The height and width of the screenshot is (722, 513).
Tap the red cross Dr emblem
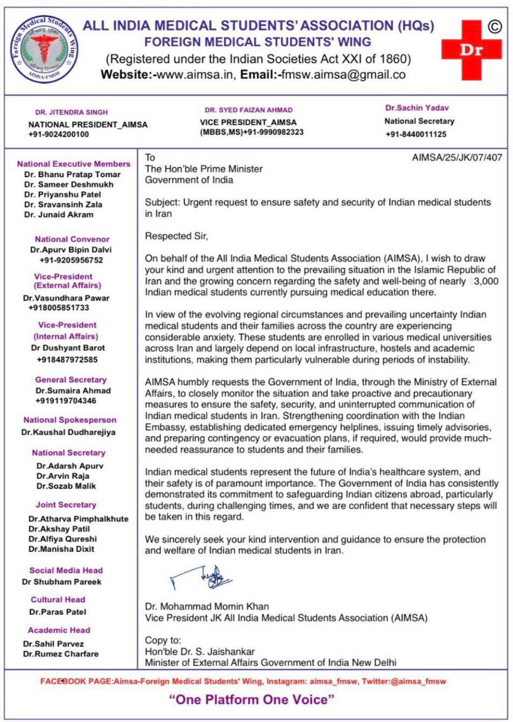pyautogui.click(x=471, y=50)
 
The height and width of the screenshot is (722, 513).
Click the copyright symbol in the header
pyautogui.click(x=494, y=26)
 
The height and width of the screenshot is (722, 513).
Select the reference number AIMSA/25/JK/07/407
pyautogui.click(x=456, y=158)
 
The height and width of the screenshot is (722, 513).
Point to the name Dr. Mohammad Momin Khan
pyautogui.click(x=207, y=606)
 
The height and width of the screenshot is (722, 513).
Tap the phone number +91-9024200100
pyautogui.click(x=59, y=134)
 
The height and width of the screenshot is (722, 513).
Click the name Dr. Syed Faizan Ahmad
pyautogui.click(x=248, y=110)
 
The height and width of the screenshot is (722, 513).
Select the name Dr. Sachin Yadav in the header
pyautogui.click(x=417, y=108)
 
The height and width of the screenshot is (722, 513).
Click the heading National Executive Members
pyautogui.click(x=74, y=164)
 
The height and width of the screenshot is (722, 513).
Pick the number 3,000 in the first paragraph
pyautogui.click(x=486, y=281)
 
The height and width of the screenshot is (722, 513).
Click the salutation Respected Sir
pyautogui.click(x=176, y=236)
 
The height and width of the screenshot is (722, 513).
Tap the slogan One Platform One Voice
pyautogui.click(x=252, y=699)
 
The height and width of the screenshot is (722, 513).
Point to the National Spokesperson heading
pyautogui.click(x=69, y=420)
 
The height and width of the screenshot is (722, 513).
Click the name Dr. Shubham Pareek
pyautogui.click(x=61, y=582)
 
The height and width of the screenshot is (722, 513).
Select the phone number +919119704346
pyautogui.click(x=66, y=401)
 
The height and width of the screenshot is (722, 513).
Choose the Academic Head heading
pyautogui.click(x=59, y=630)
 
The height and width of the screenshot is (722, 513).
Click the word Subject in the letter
pyautogui.click(x=161, y=202)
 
